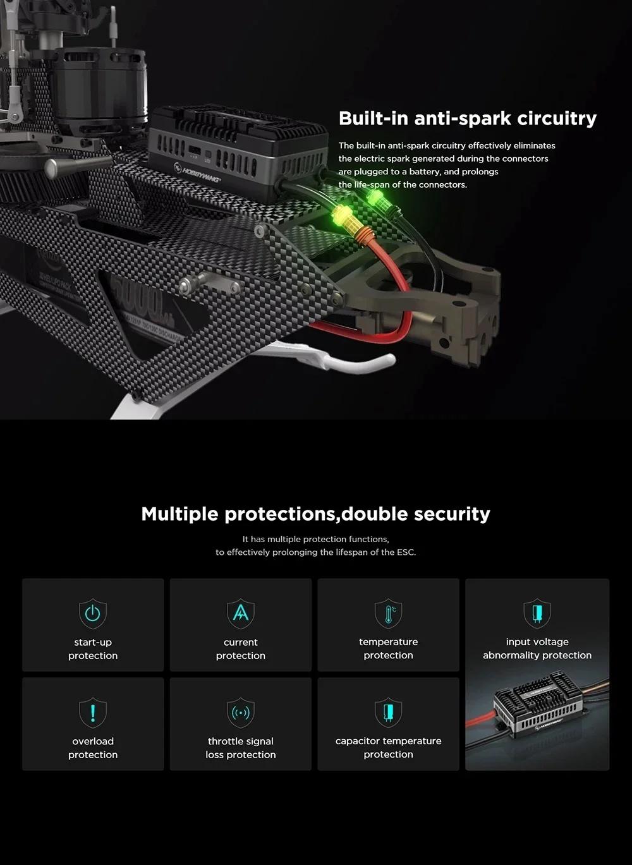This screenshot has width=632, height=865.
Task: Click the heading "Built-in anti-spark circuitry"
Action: [x=468, y=118]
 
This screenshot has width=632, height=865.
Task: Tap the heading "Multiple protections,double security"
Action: [x=315, y=514]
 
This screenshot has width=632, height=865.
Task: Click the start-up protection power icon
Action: [x=93, y=614]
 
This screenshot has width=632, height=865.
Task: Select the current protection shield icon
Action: [x=241, y=614]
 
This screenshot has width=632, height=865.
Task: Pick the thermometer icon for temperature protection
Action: [x=388, y=614]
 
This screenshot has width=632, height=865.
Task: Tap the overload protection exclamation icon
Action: [x=93, y=713]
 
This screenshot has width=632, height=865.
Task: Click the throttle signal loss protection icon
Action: [x=241, y=713]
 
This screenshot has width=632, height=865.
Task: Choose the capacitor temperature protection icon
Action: [x=388, y=713]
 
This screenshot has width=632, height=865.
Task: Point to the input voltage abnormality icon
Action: [x=537, y=614]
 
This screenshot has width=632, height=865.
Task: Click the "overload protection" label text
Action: [x=93, y=748]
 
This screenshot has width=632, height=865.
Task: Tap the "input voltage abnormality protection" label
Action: [x=537, y=649]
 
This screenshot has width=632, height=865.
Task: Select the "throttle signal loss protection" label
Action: [x=241, y=748]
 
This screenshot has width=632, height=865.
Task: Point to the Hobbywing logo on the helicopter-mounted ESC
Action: [x=197, y=173]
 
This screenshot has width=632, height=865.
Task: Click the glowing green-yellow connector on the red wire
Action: [x=343, y=216]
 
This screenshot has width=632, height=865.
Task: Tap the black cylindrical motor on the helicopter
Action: [x=100, y=90]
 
